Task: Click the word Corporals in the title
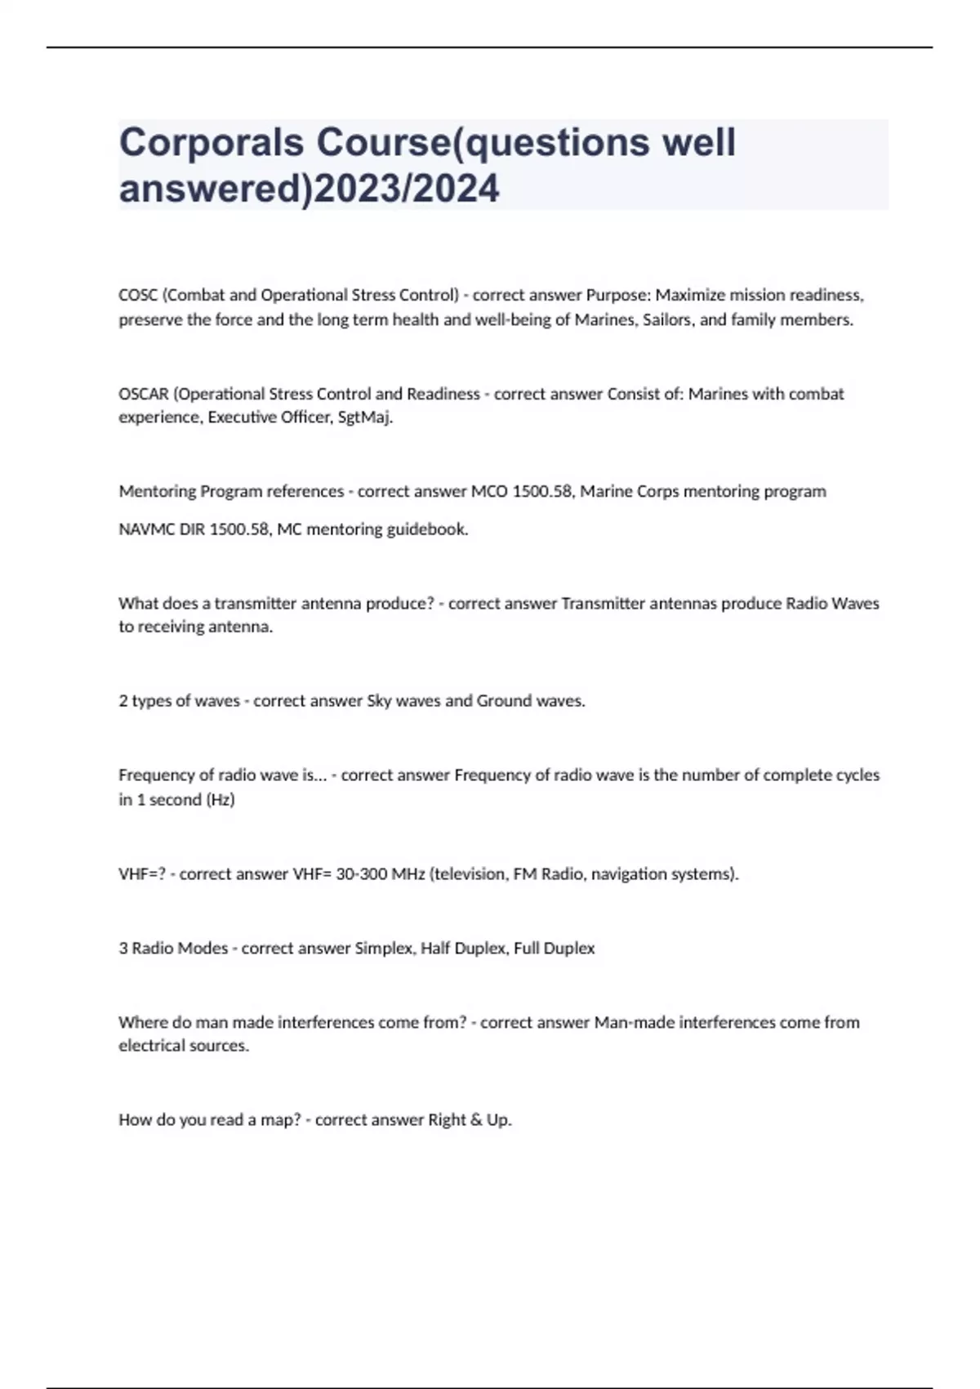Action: (x=211, y=142)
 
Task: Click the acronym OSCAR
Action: (x=143, y=394)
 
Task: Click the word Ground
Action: (x=504, y=701)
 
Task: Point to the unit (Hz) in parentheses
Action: (x=220, y=800)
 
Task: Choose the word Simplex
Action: (x=384, y=949)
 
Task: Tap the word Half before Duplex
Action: (x=435, y=949)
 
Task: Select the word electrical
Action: (x=150, y=1046)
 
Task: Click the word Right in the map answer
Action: (x=447, y=1120)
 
